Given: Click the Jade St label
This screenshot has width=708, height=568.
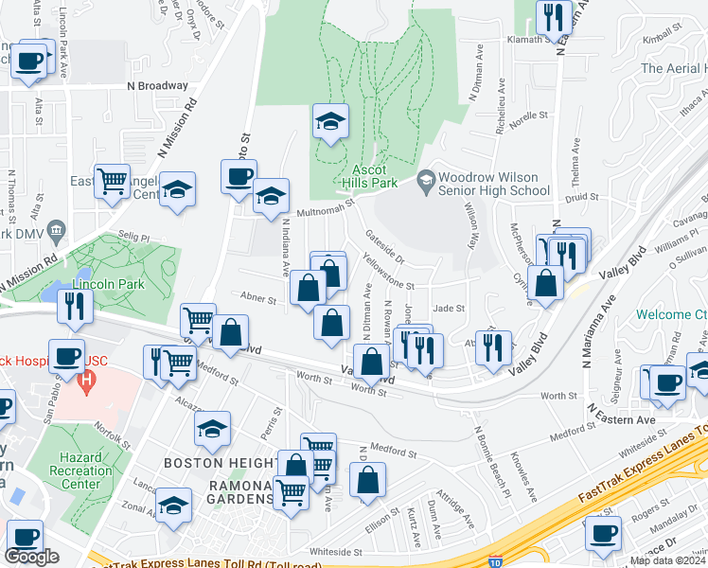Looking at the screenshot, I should (449, 308).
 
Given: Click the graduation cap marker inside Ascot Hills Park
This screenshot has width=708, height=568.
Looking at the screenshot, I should (330, 121).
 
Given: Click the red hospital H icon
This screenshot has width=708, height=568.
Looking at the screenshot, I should (87, 384).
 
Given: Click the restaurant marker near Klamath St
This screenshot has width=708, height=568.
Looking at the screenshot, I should (554, 17).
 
